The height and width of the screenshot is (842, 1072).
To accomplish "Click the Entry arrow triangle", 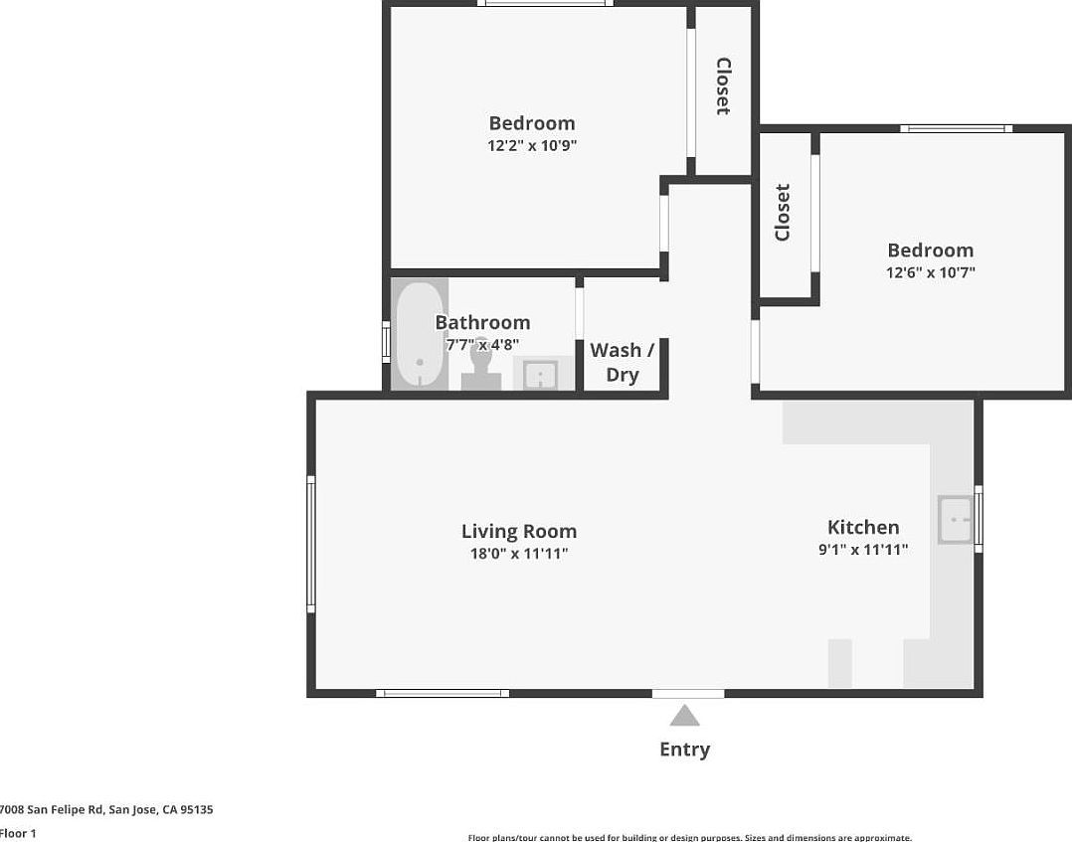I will click(x=684, y=716).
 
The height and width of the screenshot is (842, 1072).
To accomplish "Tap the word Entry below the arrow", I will click(x=684, y=750).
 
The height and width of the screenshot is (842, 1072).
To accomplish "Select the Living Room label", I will click(x=518, y=532).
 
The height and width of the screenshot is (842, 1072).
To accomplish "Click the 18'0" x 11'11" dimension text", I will click(x=518, y=554).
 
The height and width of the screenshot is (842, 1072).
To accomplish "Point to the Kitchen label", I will click(x=863, y=528).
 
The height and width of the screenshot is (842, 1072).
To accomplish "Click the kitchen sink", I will click(x=957, y=520).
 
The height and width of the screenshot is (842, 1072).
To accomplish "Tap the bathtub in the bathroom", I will click(x=419, y=336).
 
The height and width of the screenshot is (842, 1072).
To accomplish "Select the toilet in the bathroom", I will click(x=481, y=367).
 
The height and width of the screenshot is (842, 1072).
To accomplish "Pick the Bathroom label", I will click(x=482, y=322).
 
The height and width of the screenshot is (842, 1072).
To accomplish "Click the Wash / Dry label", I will click(x=622, y=362).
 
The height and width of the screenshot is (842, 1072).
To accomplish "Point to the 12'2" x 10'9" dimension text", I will click(x=532, y=145).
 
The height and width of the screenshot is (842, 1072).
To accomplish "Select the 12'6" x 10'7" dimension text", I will click(x=930, y=272).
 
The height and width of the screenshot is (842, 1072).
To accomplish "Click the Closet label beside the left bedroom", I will click(x=723, y=86).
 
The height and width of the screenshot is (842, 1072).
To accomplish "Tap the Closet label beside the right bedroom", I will click(x=783, y=212).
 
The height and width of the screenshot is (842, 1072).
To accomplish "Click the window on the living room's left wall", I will click(x=311, y=543).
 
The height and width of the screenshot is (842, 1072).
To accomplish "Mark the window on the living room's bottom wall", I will click(x=443, y=693).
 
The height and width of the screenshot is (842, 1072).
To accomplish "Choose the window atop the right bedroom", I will click(x=956, y=128).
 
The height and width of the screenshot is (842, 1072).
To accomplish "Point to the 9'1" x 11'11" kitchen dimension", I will click(x=863, y=550).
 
